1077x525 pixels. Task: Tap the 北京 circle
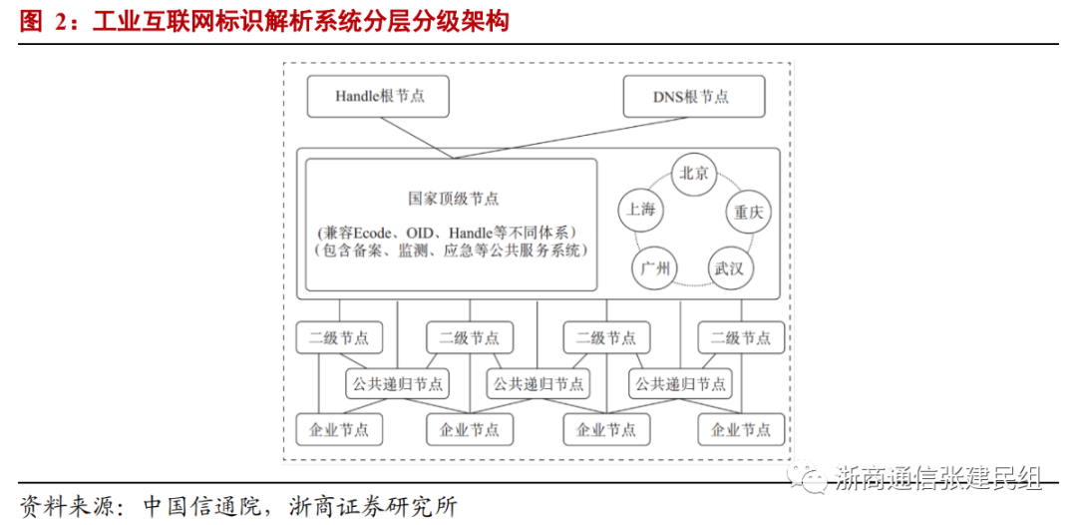point(693,173)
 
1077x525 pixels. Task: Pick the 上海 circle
point(640,210)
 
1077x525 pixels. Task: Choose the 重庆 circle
point(747,212)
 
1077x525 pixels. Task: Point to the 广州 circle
point(655,267)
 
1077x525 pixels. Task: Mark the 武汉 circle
point(731,267)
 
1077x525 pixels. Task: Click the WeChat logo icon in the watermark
point(809,479)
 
